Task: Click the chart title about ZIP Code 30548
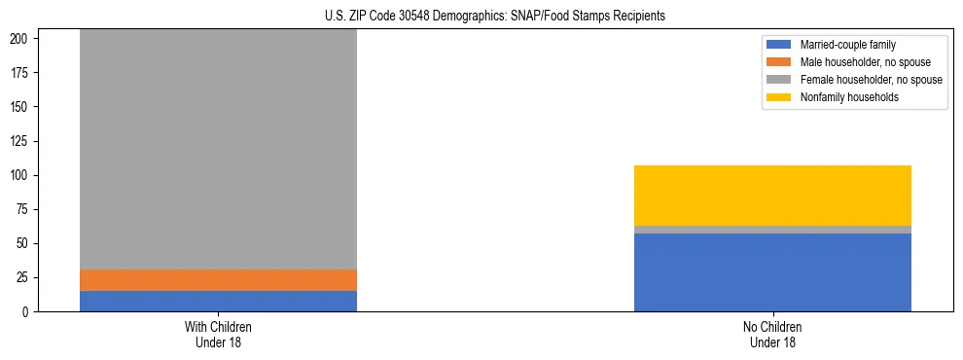coord(495,17)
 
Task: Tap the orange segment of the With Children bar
coord(218,280)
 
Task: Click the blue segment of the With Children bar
coord(218,301)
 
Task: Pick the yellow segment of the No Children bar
coord(772,196)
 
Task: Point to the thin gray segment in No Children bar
coord(772,230)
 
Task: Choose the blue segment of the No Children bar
coord(772,272)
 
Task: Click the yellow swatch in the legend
coord(779,97)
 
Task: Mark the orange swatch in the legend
coord(779,62)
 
